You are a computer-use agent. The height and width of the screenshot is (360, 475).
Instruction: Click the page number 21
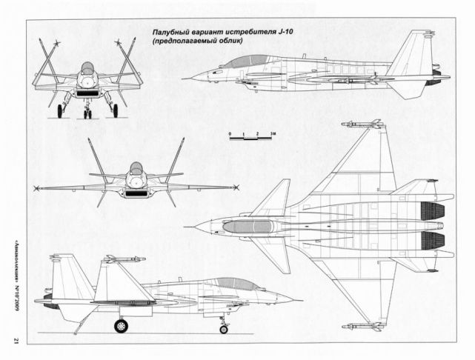pos(15,339)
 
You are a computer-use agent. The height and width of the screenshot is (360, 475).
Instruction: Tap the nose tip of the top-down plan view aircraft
pos(192,221)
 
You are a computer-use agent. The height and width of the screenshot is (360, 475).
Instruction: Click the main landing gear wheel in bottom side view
pos(119,324)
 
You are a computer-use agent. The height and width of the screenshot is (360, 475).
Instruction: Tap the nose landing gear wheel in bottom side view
pos(223,325)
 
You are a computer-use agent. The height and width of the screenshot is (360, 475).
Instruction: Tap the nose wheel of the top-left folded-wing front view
pos(88,113)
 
